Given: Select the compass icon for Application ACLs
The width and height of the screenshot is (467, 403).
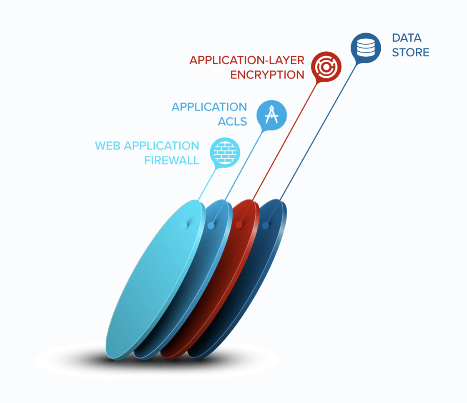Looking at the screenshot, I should tap(271, 113).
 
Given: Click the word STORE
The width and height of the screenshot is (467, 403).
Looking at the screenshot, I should tap(410, 53).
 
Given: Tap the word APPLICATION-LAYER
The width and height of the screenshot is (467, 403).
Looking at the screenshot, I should tap(247, 60).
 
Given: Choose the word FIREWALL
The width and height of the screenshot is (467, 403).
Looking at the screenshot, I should tap(172, 160).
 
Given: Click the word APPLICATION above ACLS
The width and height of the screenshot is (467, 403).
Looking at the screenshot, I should tap(209, 107).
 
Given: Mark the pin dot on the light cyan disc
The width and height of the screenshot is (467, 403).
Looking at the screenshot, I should tap(183, 225).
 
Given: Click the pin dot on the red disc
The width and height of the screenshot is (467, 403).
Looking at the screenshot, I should tap(239, 225).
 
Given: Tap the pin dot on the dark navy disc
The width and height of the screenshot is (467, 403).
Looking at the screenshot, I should tap(266, 226).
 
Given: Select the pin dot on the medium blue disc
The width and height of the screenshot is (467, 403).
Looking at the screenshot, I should tap(211, 226).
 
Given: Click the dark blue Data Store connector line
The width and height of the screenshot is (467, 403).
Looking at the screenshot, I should tap(317, 133).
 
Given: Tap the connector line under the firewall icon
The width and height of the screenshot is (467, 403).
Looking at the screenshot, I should tap(207, 184).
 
